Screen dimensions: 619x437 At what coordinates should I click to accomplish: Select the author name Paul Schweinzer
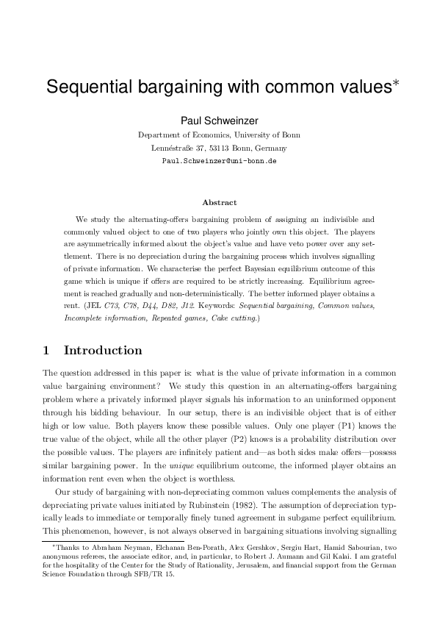pyautogui.click(x=218, y=120)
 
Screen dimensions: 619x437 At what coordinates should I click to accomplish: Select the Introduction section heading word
pyautogui.click(x=103, y=350)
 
